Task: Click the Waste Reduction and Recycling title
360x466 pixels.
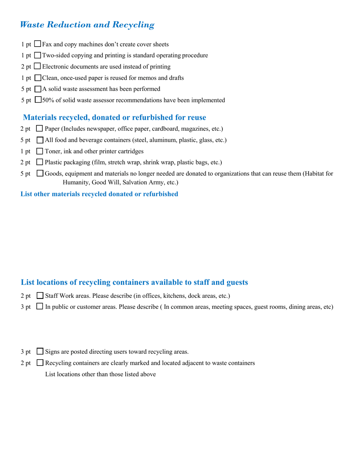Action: click(x=87, y=25)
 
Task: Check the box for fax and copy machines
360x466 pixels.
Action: click(x=38, y=44)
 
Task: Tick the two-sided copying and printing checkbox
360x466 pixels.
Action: click(x=38, y=55)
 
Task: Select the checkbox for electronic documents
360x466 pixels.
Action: click(x=38, y=66)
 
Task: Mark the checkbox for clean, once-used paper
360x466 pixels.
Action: click(x=38, y=78)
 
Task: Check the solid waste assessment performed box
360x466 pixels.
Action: click(x=38, y=89)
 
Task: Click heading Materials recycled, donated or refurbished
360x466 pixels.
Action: click(x=114, y=117)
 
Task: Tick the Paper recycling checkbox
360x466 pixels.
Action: click(x=40, y=129)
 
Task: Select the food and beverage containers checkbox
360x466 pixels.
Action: click(x=40, y=140)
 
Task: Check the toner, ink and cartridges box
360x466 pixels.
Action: click(x=40, y=151)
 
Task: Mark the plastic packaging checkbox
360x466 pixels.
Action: click(x=40, y=163)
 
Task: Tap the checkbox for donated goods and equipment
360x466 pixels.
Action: click(x=40, y=174)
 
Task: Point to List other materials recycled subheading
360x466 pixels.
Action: click(x=99, y=194)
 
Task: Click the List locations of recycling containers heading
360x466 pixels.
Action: click(x=135, y=282)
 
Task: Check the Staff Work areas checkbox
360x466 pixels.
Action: click(x=40, y=296)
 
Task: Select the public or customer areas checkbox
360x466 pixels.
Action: click(x=40, y=306)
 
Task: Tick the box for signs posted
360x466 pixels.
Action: click(x=40, y=351)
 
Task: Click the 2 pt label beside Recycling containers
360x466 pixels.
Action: click(x=25, y=363)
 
